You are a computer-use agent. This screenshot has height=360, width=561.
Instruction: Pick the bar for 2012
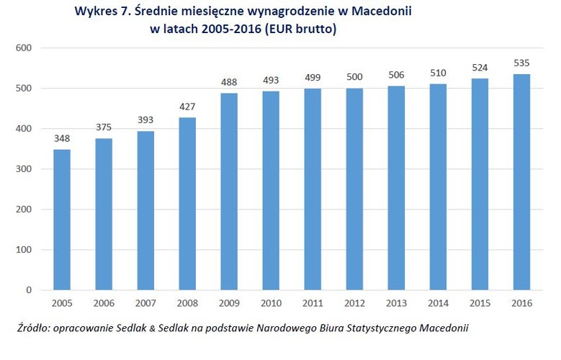pyautogui.click(x=354, y=189)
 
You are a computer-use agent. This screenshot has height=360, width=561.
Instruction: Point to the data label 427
pyautogui.click(x=187, y=107)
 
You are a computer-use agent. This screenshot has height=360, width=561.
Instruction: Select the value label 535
pyautogui.click(x=521, y=63)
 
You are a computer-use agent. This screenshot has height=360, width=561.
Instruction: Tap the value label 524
pyautogui.click(x=480, y=68)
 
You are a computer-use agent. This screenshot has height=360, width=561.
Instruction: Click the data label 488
pyautogui.click(x=228, y=82)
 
